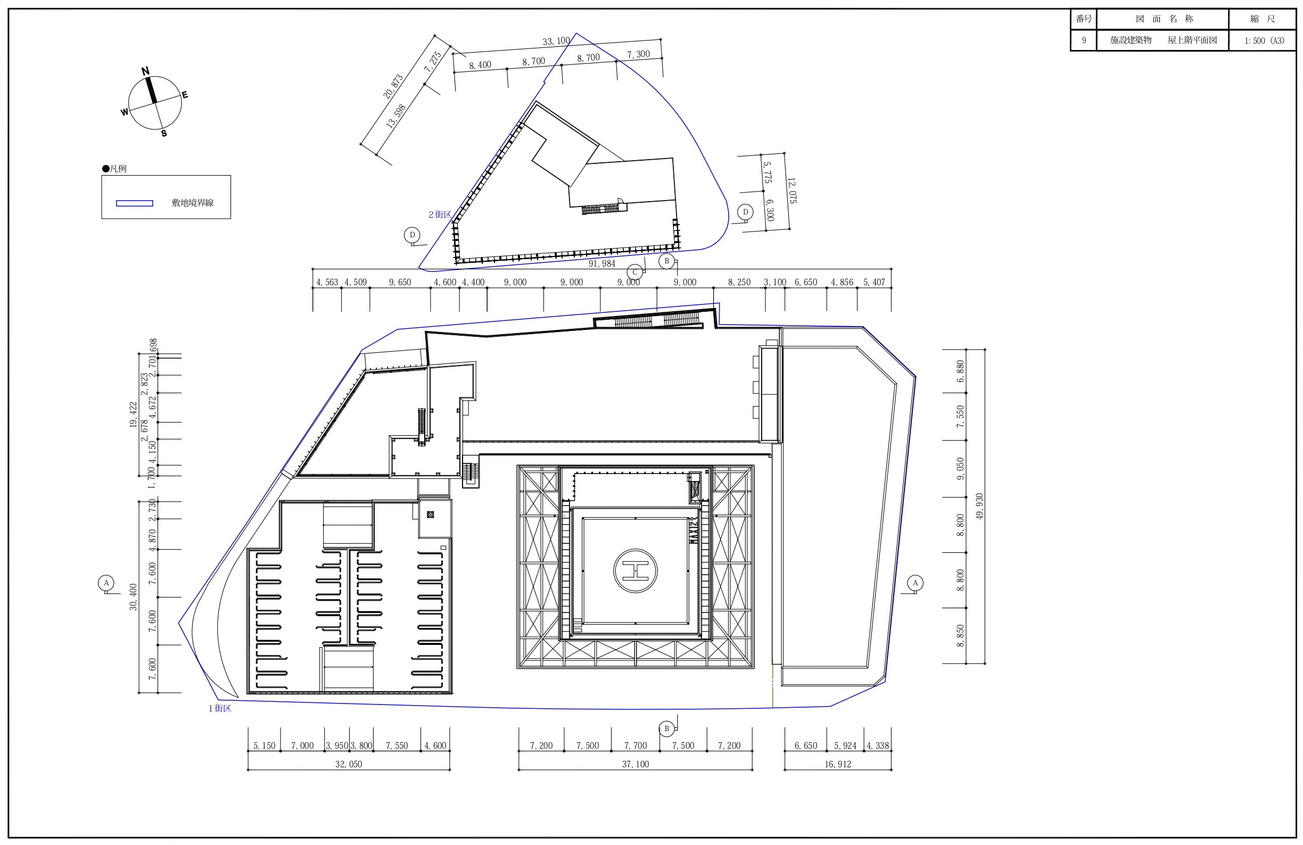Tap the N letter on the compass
click(x=145, y=71)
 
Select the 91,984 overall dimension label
click(x=601, y=264)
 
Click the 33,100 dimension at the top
click(x=556, y=41)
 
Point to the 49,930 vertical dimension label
click(x=979, y=506)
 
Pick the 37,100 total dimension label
click(x=635, y=765)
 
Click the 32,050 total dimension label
click(x=349, y=765)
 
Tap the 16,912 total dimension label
click(x=838, y=765)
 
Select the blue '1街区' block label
click(x=220, y=708)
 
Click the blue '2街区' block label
click(x=440, y=214)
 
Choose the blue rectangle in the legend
click(x=135, y=204)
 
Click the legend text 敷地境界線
click(x=193, y=203)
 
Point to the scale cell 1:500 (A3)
click(x=1264, y=40)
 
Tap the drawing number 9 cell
click(x=1084, y=40)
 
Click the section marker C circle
click(x=635, y=272)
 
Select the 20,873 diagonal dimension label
click(x=393, y=87)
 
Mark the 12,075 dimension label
click(x=791, y=190)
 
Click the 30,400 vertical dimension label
click(x=133, y=597)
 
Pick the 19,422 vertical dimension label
click(x=133, y=415)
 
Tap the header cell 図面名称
click(x=1164, y=19)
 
